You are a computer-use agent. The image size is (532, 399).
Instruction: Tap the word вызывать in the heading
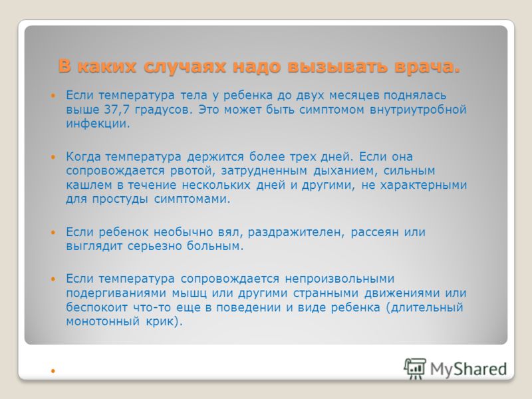click(x=337, y=66)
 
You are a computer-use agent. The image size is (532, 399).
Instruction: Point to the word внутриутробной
click(x=418, y=110)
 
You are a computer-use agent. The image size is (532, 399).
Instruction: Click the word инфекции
click(x=98, y=124)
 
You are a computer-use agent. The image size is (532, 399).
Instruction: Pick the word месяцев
click(x=354, y=96)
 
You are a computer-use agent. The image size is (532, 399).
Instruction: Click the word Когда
click(x=84, y=157)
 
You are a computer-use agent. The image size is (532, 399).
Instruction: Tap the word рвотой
click(x=193, y=171)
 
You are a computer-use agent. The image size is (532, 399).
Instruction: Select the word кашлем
click(x=89, y=186)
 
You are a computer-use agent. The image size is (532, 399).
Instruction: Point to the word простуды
click(x=120, y=199)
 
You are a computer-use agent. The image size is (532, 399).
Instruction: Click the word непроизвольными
click(x=340, y=279)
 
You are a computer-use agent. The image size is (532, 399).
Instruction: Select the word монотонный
click(x=103, y=321)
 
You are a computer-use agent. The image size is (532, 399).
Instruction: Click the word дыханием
click(x=345, y=171)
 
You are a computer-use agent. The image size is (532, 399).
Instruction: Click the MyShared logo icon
click(x=415, y=369)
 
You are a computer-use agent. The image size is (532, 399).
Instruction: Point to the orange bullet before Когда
click(x=53, y=157)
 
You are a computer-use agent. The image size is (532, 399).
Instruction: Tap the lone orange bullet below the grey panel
click(x=53, y=371)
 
